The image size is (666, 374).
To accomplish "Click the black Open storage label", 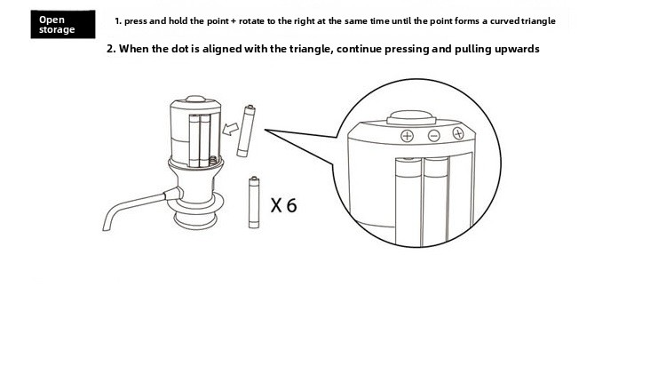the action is tap(63, 24).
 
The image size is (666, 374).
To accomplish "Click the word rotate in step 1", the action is tap(251, 20).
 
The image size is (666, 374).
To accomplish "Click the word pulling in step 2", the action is tap(469, 49).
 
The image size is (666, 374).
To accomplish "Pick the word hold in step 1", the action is tap(178, 20).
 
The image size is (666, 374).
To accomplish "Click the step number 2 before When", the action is tap(110, 49).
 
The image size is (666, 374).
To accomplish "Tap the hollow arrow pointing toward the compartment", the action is tap(231, 129).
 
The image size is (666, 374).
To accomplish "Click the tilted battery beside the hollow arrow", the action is tap(246, 131).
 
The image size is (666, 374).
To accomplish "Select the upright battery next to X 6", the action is tap(254, 203).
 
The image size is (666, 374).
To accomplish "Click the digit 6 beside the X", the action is tap(292, 206).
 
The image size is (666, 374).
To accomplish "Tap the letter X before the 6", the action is tap(276, 206).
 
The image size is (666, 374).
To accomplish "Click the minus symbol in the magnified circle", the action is tap(433, 136).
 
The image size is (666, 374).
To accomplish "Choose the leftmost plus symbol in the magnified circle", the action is tap(407, 136).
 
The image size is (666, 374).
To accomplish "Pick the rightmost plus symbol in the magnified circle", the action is tap(458, 133).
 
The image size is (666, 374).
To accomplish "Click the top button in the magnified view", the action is tap(411, 117).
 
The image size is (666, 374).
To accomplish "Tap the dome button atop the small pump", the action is tap(195, 99).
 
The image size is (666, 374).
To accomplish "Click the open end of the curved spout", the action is tap(106, 227).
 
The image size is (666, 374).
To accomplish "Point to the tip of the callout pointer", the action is tap(265, 130).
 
